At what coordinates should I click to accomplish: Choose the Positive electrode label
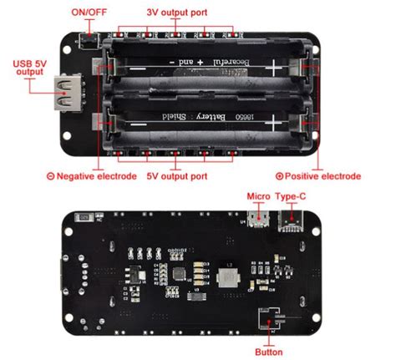(x=322, y=175)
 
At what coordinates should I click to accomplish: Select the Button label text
(x=268, y=352)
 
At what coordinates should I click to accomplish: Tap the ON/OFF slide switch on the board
(x=88, y=38)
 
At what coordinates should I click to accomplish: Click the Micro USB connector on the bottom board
(x=260, y=219)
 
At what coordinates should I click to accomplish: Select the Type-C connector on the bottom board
(x=292, y=220)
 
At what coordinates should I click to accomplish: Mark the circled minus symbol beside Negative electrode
(x=51, y=175)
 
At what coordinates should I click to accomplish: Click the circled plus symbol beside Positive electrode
(x=280, y=175)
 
